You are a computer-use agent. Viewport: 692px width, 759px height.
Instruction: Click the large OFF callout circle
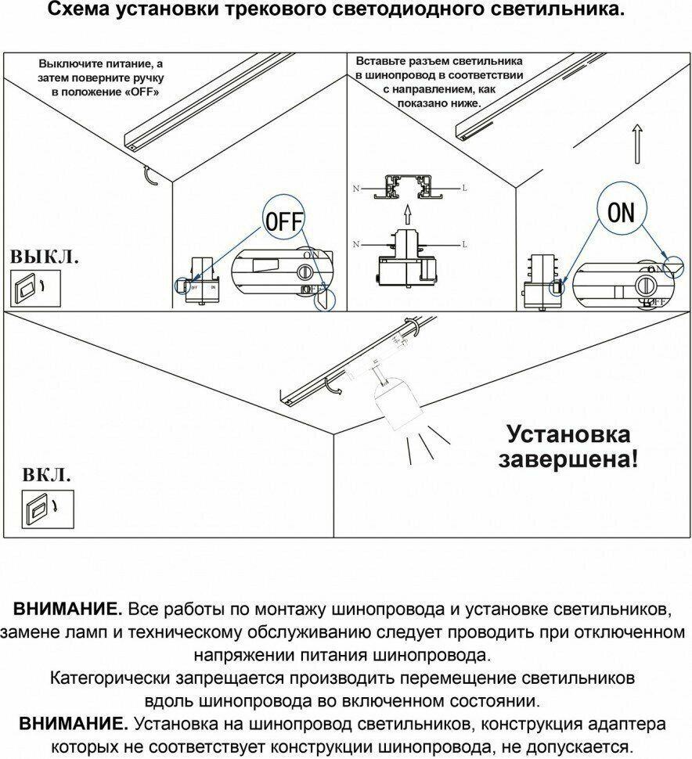(x=283, y=222)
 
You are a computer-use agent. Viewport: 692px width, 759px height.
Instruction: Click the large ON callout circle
(x=622, y=212)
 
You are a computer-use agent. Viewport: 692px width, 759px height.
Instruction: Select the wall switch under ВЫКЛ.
(x=26, y=288)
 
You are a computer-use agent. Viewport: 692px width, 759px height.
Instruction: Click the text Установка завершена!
(x=568, y=446)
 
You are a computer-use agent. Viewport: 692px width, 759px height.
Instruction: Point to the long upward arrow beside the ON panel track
(x=638, y=146)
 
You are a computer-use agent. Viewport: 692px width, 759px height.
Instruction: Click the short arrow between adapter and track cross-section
(x=407, y=214)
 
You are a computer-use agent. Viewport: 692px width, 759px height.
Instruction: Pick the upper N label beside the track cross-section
(x=356, y=189)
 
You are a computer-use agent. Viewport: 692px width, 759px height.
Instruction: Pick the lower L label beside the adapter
(x=464, y=245)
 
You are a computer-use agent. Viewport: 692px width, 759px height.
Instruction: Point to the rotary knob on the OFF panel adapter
(x=304, y=272)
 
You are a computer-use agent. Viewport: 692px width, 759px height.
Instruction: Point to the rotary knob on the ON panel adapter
(x=648, y=282)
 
